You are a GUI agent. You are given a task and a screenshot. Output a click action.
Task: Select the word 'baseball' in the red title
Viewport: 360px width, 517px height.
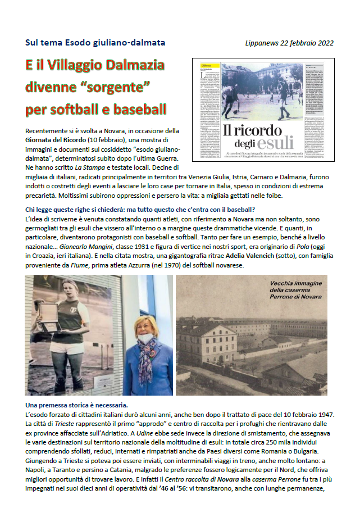[x=138, y=108]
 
